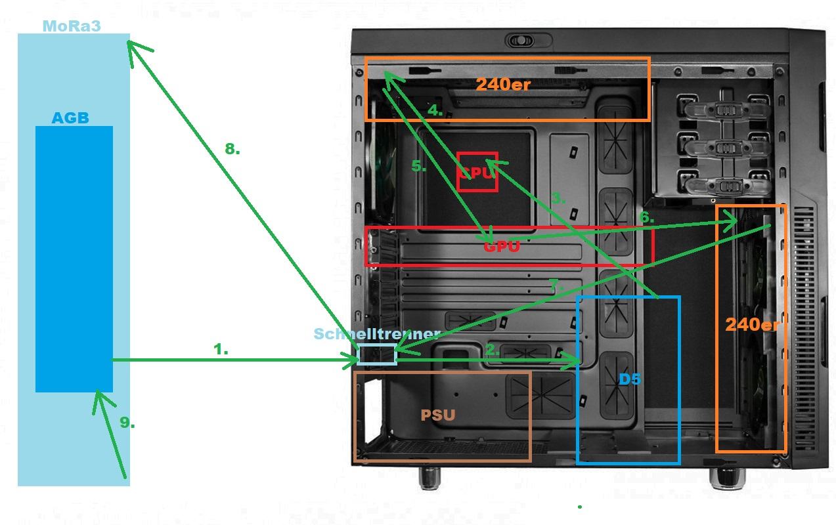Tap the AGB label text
(x=70, y=119)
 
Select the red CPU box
(x=477, y=172)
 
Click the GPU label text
(x=502, y=247)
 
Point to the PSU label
(x=437, y=415)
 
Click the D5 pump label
(x=628, y=379)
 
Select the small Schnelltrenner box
(x=377, y=354)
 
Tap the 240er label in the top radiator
(x=504, y=84)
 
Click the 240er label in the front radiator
(x=751, y=324)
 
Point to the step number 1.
(x=221, y=350)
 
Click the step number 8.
(x=232, y=149)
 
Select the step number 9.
(x=127, y=423)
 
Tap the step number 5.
(x=418, y=167)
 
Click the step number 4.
(x=435, y=110)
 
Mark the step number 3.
(x=558, y=198)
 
